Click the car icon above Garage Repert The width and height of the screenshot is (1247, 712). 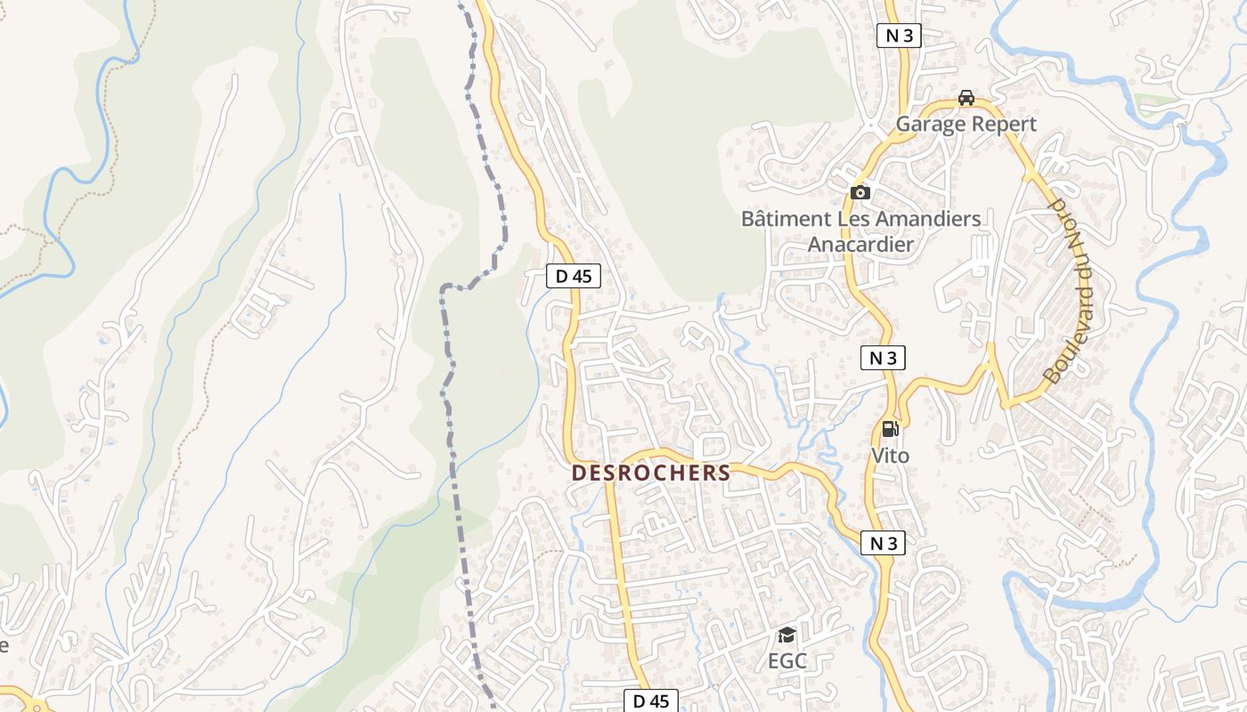tap(966, 98)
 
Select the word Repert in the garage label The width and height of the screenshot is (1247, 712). tap(1004, 124)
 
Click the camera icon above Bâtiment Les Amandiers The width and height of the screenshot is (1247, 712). tap(860, 192)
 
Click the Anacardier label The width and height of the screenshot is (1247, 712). tap(860, 244)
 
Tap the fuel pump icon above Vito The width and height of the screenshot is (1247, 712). tap(889, 429)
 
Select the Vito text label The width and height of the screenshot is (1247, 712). tap(890, 456)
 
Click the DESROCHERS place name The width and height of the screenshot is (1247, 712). tap(651, 473)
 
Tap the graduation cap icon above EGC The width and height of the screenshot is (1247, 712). tap(787, 635)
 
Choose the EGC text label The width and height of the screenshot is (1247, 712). tap(787, 661)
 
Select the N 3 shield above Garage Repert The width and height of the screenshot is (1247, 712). tap(899, 36)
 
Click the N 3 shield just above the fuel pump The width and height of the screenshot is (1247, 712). tap(883, 358)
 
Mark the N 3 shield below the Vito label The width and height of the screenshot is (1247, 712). tap(883, 543)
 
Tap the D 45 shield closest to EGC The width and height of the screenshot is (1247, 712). tap(650, 700)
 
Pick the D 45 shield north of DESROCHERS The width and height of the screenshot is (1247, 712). tap(574, 276)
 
